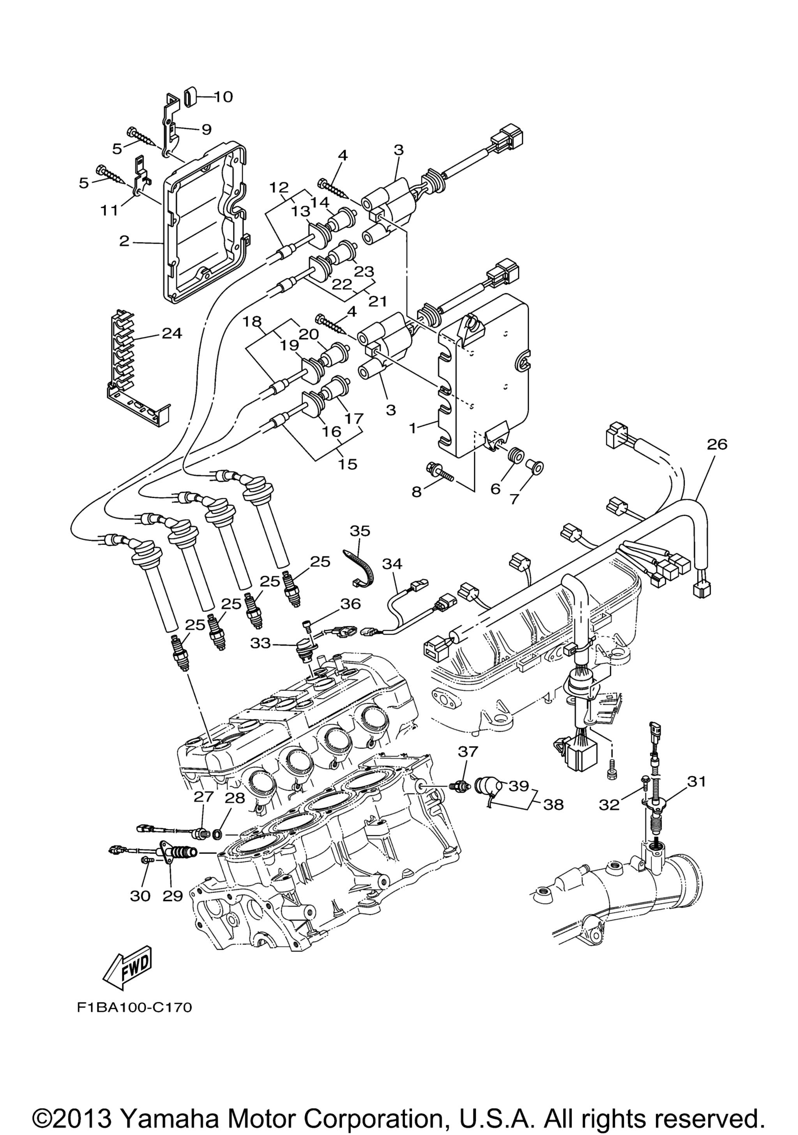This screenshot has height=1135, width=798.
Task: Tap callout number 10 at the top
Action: (x=223, y=97)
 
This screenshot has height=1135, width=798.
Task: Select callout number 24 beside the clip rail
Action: (x=172, y=333)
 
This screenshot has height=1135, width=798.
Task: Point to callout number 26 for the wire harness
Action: (x=717, y=445)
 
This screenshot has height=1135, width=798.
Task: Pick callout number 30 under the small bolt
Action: (x=140, y=895)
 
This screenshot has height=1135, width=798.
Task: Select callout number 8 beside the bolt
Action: (x=417, y=492)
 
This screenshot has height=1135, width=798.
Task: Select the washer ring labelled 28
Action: (x=217, y=835)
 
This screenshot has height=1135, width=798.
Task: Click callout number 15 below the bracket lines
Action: (x=348, y=464)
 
